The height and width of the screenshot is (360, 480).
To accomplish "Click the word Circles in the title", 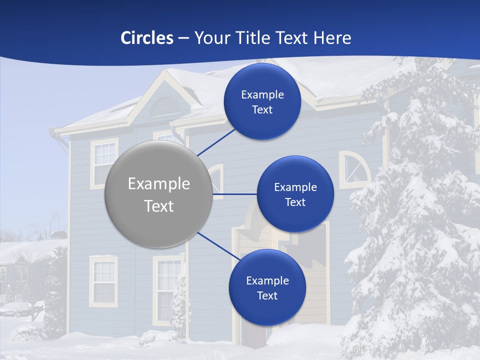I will tap(147, 38).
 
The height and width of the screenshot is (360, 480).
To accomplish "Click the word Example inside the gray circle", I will tap(159, 184).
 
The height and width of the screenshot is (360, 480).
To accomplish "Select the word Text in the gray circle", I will tap(159, 206).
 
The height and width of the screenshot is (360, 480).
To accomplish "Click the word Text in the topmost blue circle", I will tap(262, 110).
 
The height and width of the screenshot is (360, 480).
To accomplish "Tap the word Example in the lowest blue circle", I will tap(267, 281).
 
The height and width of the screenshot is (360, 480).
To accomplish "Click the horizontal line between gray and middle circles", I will tap(234, 194).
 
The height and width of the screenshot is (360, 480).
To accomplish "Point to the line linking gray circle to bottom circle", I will tap(218, 246).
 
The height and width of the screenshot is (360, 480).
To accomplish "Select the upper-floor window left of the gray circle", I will tap(104, 162).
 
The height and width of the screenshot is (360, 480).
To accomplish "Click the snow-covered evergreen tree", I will tap(415, 210).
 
